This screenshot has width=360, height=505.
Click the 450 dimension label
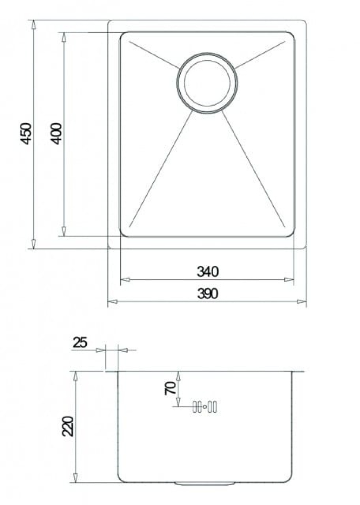pos(26,133)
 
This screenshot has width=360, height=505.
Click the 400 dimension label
pos(57,133)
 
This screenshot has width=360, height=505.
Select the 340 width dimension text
pos(207,271)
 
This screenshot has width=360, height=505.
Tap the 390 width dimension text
pos(207,294)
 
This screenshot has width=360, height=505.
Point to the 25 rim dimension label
pos(80,342)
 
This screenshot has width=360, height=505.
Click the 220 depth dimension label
pos(68,426)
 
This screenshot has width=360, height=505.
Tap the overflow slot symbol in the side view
pos(205,407)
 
